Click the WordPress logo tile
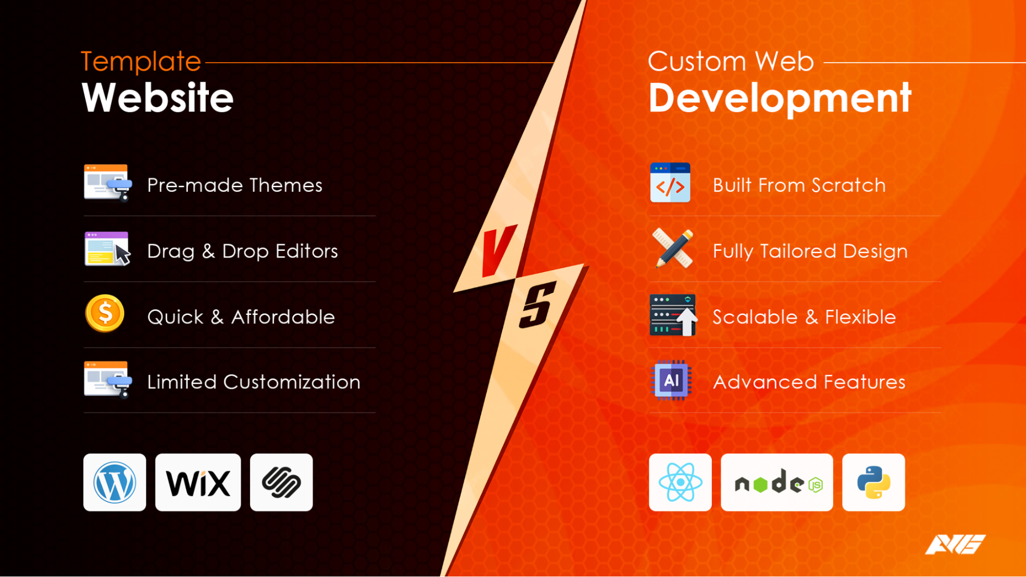(x=114, y=482)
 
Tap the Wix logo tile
(x=198, y=482)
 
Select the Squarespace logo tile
(x=281, y=482)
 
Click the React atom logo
(x=680, y=482)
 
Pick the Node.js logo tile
(x=777, y=482)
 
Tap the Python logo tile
(x=873, y=482)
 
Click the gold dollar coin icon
(x=105, y=313)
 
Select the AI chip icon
(x=671, y=381)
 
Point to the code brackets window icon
(x=670, y=183)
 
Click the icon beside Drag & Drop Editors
(x=107, y=249)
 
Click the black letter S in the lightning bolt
(x=537, y=305)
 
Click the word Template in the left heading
(x=141, y=62)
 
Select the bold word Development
(x=780, y=98)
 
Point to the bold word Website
(x=158, y=98)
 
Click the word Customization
(x=292, y=382)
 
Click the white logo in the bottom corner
(x=955, y=545)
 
